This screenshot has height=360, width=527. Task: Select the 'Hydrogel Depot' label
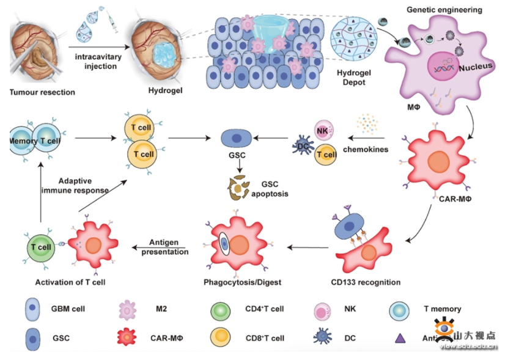pyautogui.click(x=351, y=78)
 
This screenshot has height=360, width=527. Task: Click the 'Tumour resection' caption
pyautogui.click(x=42, y=92)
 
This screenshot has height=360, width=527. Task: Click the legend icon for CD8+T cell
pyautogui.click(x=219, y=336)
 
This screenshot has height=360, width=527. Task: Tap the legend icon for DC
pyautogui.click(x=323, y=336)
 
